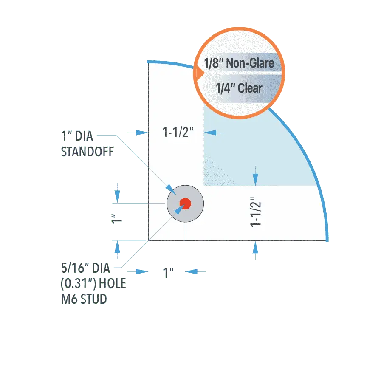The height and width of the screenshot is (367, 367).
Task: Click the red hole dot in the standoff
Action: (x=185, y=203)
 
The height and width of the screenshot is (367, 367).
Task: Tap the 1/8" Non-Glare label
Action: (x=239, y=63)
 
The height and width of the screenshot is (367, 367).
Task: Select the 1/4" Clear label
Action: (x=239, y=88)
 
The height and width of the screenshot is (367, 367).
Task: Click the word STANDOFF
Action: (x=88, y=152)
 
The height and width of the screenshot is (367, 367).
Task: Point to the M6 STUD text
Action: (x=84, y=299)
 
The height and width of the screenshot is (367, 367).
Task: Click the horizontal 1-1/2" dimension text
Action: (x=178, y=132)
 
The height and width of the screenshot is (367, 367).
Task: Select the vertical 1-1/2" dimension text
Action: (x=256, y=212)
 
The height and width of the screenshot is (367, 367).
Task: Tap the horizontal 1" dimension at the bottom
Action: (x=168, y=273)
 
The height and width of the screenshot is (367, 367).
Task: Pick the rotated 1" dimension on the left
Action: (x=116, y=219)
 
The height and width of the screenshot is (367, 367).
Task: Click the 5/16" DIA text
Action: (x=85, y=268)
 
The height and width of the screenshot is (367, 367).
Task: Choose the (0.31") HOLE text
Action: (x=93, y=283)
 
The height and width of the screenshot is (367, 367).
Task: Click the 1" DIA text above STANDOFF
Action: (x=77, y=136)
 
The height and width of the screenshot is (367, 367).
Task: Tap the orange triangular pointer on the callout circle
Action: (x=200, y=73)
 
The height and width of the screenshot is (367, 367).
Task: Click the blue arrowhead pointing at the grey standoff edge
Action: (x=170, y=189)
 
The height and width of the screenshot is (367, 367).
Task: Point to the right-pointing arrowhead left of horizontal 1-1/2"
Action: (x=142, y=133)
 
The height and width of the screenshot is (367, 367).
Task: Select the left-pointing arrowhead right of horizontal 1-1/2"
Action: (x=210, y=133)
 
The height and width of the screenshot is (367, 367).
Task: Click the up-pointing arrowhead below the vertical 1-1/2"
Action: (x=255, y=247)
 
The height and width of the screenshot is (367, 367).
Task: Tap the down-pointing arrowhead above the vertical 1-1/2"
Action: (x=255, y=180)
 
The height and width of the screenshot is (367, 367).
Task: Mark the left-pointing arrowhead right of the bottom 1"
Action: (x=191, y=271)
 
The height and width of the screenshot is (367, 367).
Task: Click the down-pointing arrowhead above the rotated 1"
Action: (x=117, y=197)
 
